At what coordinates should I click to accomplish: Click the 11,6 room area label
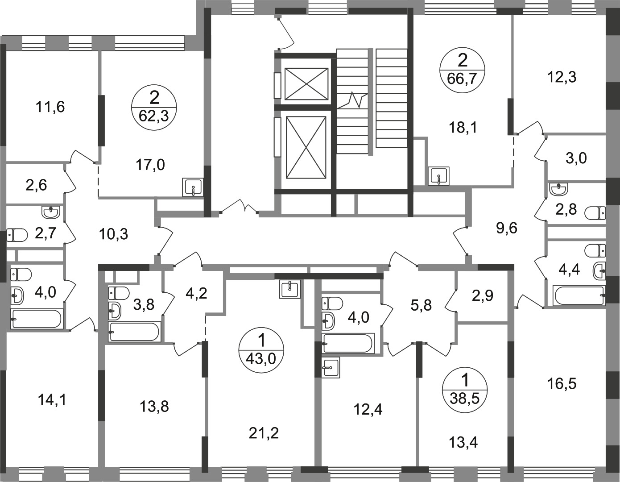(x=50, y=108)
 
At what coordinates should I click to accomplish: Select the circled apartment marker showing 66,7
(x=462, y=70)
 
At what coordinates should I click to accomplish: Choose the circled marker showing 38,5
(x=465, y=390)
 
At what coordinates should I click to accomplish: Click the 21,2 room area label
(x=264, y=433)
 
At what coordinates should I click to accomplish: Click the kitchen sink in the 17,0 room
(x=193, y=187)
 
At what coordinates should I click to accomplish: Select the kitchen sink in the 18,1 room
(x=438, y=176)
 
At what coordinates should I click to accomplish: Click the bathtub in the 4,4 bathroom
(x=579, y=295)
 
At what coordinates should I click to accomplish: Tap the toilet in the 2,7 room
(x=17, y=235)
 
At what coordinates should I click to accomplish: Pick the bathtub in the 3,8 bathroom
(x=134, y=332)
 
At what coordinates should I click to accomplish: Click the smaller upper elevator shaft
(x=306, y=84)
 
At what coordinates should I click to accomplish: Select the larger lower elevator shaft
(x=306, y=147)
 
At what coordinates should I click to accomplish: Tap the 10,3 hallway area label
(x=114, y=235)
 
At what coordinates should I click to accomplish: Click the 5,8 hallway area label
(x=421, y=305)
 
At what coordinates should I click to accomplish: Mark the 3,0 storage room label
(x=576, y=158)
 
